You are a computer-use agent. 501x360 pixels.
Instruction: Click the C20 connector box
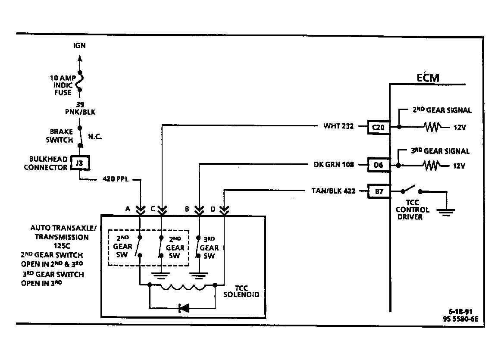[379, 127]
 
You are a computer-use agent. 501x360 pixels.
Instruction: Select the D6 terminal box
[379, 165]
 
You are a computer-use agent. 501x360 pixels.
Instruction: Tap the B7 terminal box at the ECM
[379, 191]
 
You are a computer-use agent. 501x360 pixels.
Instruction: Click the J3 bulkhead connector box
[80, 163]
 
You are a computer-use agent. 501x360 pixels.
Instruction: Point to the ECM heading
[428, 78]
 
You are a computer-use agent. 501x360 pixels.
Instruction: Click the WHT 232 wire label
[339, 126]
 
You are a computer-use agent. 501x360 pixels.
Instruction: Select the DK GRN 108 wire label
[334, 165]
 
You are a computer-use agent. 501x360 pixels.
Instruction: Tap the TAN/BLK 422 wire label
[334, 191]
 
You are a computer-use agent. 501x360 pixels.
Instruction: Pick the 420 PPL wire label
[116, 179]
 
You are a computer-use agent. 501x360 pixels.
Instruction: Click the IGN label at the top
[80, 46]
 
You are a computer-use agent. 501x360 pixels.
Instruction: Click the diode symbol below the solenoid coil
[184, 308]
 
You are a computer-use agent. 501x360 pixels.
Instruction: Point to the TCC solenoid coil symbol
[182, 287]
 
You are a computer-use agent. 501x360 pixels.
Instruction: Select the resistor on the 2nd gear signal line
[432, 127]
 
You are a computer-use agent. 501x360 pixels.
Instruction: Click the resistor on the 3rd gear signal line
[432, 166]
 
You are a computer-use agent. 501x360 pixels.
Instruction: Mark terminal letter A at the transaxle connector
[128, 209]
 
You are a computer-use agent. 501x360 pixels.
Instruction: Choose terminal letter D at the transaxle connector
[213, 209]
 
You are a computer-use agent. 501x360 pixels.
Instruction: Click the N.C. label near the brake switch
[95, 137]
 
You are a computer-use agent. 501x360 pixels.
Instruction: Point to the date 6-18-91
[460, 311]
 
